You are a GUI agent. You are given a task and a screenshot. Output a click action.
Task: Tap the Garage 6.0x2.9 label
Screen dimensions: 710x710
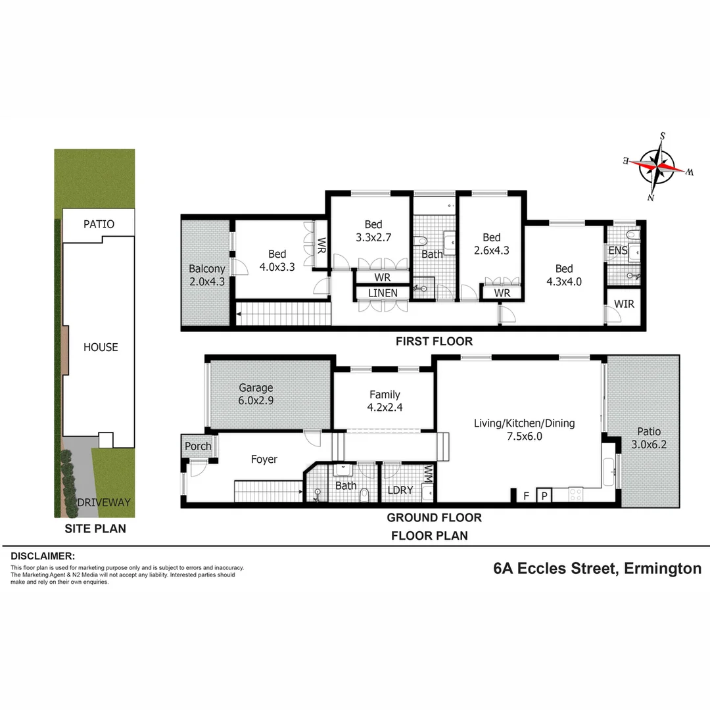tap(256, 394)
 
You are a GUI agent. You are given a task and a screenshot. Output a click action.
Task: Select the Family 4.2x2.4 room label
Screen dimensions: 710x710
tap(385, 401)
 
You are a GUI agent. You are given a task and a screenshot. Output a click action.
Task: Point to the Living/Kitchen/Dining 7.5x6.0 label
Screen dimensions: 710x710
tap(524, 429)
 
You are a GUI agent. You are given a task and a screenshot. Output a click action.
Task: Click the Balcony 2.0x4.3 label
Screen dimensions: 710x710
tap(207, 275)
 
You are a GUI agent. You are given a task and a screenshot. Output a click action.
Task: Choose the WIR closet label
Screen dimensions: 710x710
tap(624, 304)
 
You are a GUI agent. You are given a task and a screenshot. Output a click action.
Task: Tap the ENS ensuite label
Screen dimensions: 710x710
tap(617, 250)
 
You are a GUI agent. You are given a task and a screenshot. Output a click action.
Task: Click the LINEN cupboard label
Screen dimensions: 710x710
tap(383, 293)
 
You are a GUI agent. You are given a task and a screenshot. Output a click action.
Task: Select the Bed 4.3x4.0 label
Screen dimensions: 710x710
tap(563, 275)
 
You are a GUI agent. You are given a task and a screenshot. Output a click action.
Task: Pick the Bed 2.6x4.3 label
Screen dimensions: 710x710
tap(491, 244)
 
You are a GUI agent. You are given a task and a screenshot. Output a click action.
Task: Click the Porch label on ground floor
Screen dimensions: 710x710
tap(198, 446)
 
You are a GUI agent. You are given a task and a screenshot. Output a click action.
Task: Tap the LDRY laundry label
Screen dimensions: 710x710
tap(399, 490)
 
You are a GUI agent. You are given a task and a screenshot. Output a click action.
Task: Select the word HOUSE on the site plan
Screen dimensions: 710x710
tap(101, 347)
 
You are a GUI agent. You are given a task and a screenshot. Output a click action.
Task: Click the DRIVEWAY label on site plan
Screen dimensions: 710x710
tap(104, 502)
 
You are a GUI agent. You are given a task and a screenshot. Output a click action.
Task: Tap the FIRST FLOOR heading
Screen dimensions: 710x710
tap(433, 341)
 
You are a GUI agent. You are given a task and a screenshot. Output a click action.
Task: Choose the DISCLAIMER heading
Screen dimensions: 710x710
tap(42, 556)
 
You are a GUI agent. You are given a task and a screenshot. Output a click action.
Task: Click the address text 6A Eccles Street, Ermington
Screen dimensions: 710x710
tap(597, 569)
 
